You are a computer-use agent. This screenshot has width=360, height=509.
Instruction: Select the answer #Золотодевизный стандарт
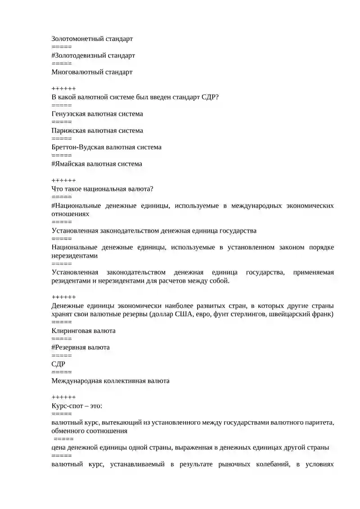(x=93, y=56)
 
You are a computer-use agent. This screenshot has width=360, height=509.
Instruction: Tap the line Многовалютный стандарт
(x=92, y=72)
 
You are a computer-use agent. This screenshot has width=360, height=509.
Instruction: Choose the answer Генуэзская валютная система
(x=97, y=114)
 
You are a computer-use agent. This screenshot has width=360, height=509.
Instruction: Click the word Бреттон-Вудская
(x=77, y=147)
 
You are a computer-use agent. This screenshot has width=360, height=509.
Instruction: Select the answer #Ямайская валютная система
(x=97, y=164)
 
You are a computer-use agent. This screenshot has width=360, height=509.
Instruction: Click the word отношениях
(x=70, y=214)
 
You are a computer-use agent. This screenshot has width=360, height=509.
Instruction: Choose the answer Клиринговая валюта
(x=83, y=331)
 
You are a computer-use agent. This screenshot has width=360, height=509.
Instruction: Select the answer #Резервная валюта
(x=81, y=347)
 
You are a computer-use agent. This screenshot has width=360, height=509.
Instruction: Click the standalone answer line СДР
(x=58, y=364)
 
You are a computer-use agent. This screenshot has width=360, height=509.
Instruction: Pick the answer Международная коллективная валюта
(x=110, y=381)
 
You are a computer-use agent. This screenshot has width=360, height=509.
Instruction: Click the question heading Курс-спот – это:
(x=77, y=406)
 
